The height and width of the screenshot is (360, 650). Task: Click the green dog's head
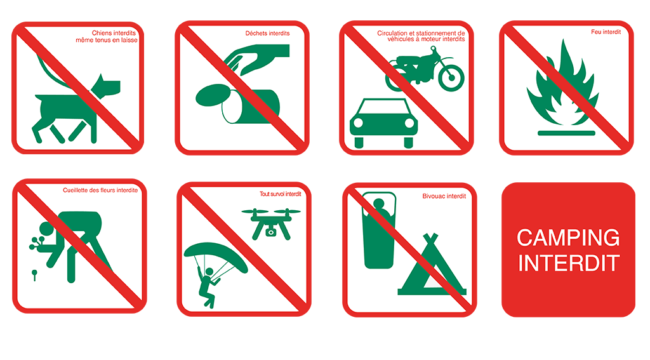click(x=107, y=86)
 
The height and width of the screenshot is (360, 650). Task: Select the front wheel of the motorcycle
click(x=451, y=78)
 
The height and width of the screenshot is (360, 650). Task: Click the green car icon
click(x=384, y=123)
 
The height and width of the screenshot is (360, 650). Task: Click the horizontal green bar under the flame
click(x=566, y=133)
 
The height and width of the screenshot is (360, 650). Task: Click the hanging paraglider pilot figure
click(x=208, y=287)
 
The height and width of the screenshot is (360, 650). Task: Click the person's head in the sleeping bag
click(x=379, y=203)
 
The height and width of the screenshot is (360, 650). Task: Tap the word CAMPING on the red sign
click(x=568, y=237)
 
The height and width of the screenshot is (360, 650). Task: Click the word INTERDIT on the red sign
click(x=569, y=263)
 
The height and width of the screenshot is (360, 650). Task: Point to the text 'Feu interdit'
click(x=606, y=32)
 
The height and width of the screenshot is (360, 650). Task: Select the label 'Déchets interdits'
click(x=267, y=33)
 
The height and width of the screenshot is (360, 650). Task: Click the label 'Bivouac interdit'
click(x=444, y=196)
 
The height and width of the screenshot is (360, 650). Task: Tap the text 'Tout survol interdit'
click(x=280, y=194)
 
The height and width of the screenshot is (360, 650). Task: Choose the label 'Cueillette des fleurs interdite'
click(x=100, y=190)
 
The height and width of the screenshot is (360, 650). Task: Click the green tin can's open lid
click(x=213, y=95)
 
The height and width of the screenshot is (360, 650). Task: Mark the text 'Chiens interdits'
click(x=114, y=33)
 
